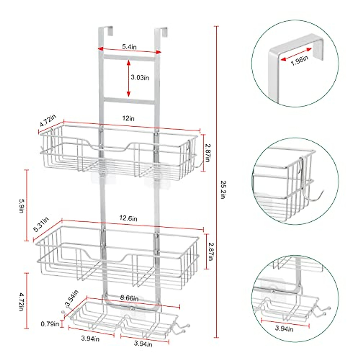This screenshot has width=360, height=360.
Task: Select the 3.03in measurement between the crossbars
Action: point(140,77)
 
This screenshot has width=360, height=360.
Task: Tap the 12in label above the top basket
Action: point(128,118)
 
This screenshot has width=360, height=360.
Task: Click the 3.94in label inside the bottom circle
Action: point(284,328)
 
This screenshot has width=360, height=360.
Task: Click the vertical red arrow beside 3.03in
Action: point(128,78)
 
